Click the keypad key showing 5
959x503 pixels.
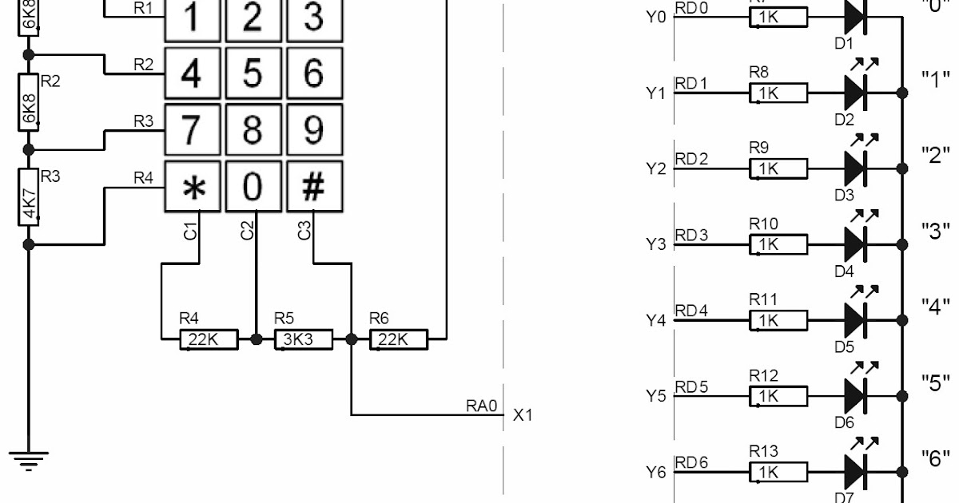click(253, 74)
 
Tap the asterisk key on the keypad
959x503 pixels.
click(192, 188)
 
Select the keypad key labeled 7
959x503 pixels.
click(192, 130)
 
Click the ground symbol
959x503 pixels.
click(29, 461)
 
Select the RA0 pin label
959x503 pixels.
click(482, 406)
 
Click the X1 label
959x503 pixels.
click(522, 415)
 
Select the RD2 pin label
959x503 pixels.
click(691, 159)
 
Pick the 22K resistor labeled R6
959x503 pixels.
click(399, 339)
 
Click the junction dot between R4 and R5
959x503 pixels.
click(257, 339)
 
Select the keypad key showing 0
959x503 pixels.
click(253, 188)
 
